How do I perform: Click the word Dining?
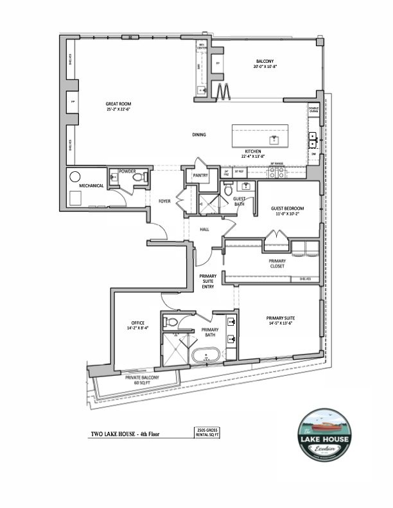199,135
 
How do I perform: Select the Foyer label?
165,201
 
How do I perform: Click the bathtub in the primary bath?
207,353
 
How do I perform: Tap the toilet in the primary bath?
171,321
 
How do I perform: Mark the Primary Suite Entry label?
207,282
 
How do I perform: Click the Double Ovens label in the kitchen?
313,110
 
